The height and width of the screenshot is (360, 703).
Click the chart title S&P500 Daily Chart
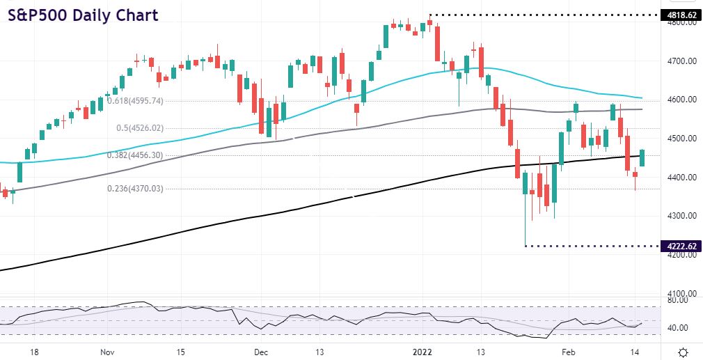click(x=83, y=15)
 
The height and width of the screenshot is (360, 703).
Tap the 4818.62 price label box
click(x=679, y=14)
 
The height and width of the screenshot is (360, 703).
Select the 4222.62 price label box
click(x=679, y=246)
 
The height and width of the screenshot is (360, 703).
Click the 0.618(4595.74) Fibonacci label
click(x=135, y=101)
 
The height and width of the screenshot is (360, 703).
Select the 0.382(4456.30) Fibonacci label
click(x=135, y=156)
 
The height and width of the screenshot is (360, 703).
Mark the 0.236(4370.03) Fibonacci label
click(x=135, y=188)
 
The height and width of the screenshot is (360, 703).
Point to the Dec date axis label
click(x=262, y=352)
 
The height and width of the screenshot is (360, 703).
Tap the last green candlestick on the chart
click(x=642, y=158)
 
